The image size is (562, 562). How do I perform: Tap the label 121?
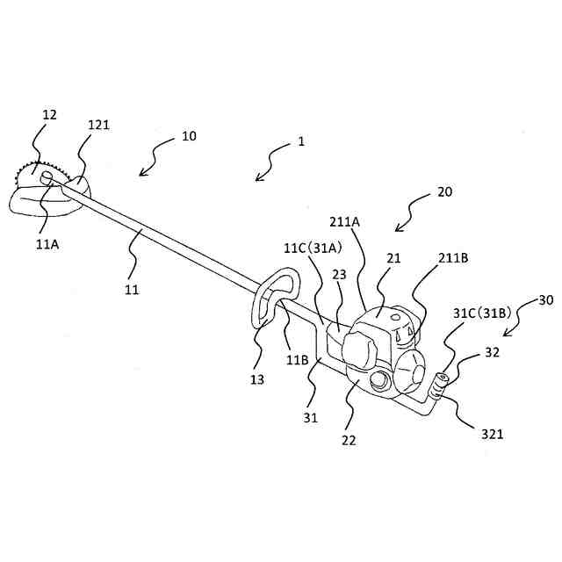[x=99, y=126]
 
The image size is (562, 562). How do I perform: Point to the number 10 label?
[x=189, y=136]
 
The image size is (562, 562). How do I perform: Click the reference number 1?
[x=300, y=140]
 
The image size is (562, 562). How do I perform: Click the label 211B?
[x=454, y=258]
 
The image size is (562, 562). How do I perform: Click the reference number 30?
[x=545, y=299]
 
